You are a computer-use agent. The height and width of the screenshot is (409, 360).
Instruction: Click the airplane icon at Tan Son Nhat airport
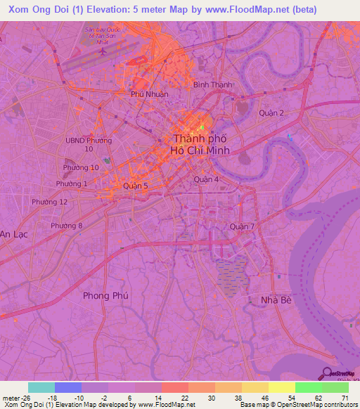point(104,51)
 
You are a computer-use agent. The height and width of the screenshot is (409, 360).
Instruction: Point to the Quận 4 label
point(207,179)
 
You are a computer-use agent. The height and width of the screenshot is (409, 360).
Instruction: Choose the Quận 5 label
point(135,186)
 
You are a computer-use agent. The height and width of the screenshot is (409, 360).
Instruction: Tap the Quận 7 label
point(245,226)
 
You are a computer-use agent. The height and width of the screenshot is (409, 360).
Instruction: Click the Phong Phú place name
point(105,296)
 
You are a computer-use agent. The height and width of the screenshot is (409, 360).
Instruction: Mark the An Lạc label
point(13,233)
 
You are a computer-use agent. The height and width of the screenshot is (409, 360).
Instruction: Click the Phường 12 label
point(49,202)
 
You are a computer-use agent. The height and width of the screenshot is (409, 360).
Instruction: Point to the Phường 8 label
point(66,226)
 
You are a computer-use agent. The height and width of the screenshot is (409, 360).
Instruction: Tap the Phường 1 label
point(75,184)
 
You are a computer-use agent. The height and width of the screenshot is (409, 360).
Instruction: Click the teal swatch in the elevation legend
point(41,387)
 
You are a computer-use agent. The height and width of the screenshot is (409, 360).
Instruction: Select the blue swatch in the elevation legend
point(68,387)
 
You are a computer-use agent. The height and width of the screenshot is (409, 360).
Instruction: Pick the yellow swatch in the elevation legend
point(281,387)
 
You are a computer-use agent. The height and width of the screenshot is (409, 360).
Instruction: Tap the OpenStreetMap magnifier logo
point(328,375)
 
